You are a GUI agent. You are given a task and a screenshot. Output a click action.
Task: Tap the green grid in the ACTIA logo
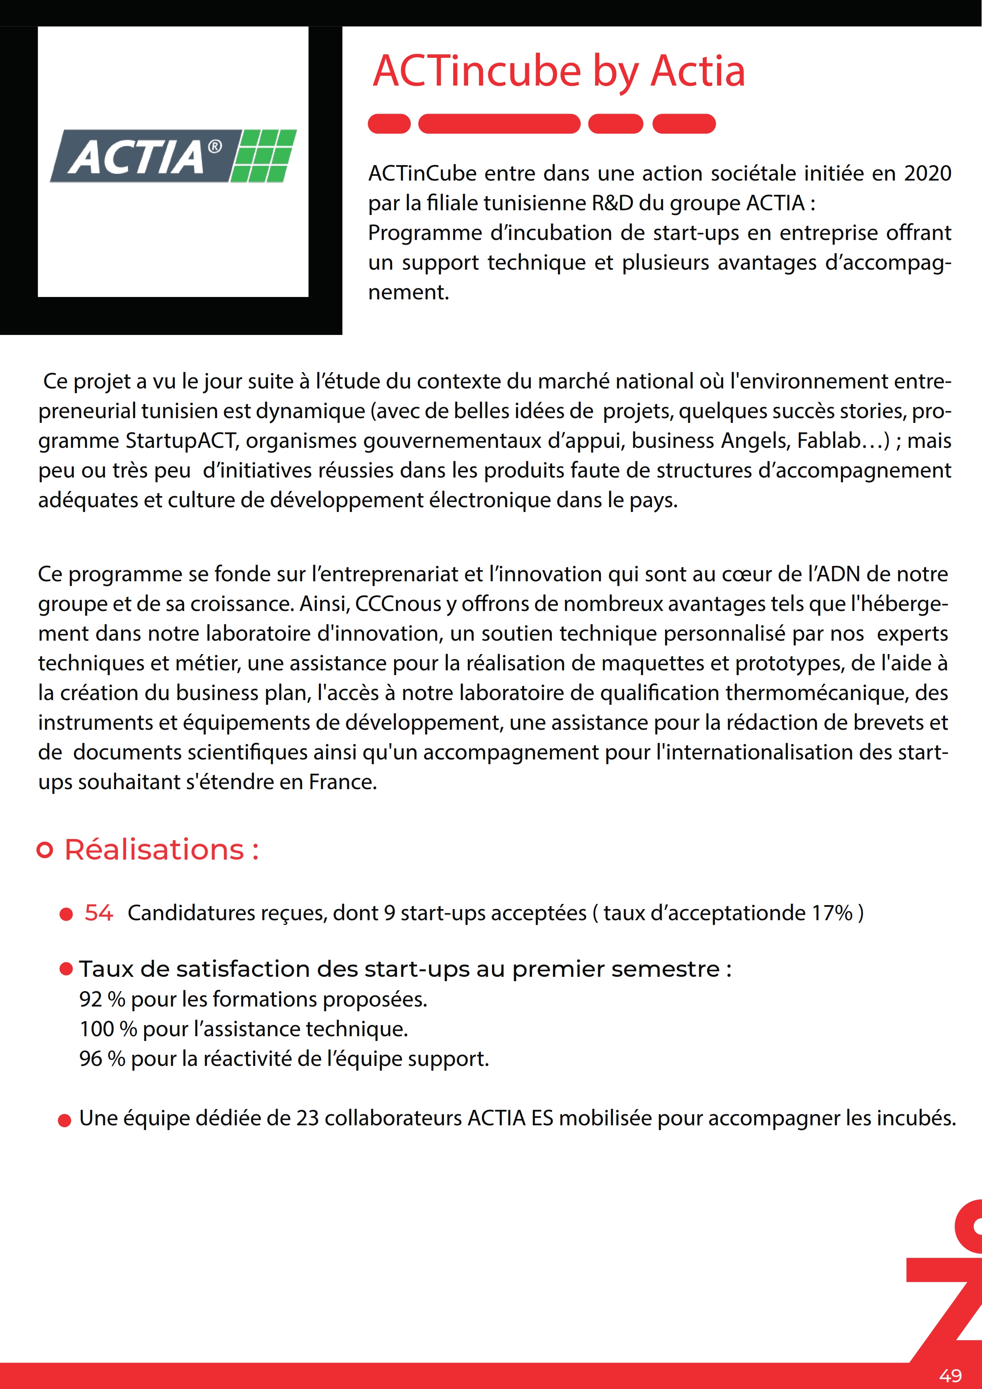point(264,156)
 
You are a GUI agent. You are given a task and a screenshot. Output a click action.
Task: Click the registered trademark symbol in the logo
point(215,147)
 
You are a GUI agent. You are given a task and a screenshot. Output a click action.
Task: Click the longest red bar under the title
point(499,124)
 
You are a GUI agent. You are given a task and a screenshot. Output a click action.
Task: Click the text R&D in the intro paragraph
point(612,203)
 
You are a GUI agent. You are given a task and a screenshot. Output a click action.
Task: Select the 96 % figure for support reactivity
point(102,1059)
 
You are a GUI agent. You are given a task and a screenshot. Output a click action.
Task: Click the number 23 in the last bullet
point(307,1118)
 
